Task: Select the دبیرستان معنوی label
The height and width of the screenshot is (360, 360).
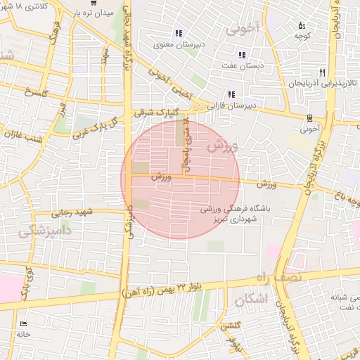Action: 179,44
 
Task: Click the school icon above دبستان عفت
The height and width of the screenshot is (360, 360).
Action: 242,54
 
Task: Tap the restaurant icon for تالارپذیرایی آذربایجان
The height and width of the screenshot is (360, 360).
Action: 322,72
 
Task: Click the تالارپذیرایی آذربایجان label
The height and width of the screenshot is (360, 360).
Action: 323,83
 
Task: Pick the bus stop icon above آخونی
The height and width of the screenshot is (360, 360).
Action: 310,118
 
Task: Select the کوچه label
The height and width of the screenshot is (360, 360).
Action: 302,35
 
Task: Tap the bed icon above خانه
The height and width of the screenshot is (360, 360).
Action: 24,324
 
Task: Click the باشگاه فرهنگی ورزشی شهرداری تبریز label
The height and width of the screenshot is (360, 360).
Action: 239,214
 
